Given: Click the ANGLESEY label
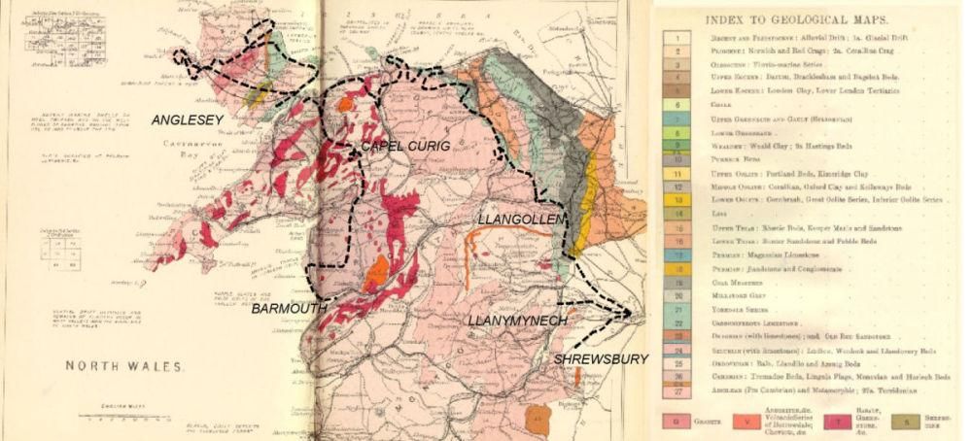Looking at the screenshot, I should (x=188, y=120).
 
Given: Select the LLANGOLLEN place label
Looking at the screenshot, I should (x=520, y=221).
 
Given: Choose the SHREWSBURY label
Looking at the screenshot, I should (x=601, y=359).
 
